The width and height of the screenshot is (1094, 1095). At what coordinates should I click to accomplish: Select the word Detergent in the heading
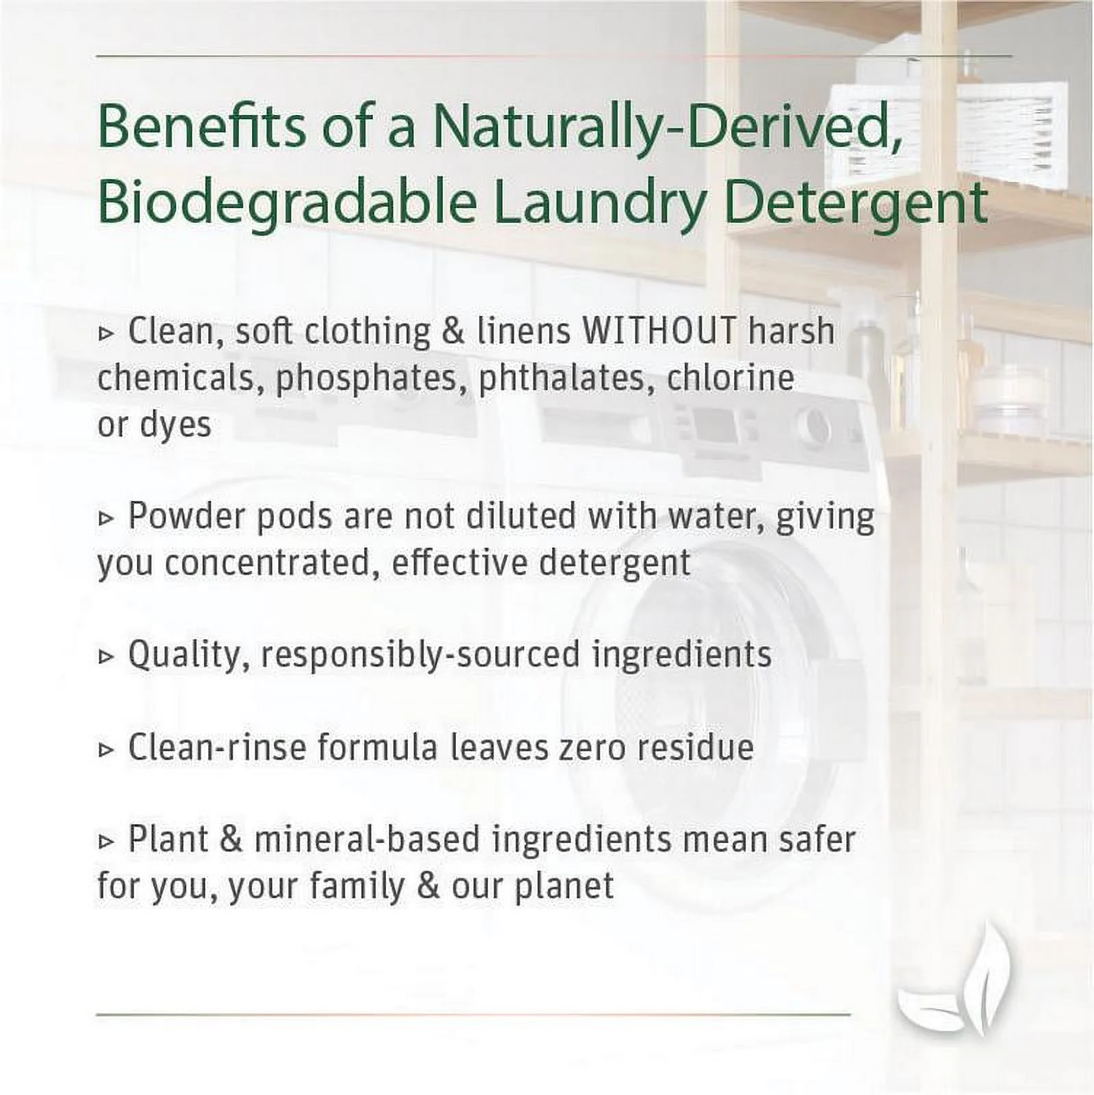(x=855, y=203)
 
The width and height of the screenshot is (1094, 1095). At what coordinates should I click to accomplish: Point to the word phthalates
(x=562, y=378)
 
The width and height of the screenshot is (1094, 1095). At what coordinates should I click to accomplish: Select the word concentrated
(x=272, y=563)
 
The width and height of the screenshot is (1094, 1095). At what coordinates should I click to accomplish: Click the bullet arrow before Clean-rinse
(x=106, y=749)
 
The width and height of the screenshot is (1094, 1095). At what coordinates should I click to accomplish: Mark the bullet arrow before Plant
(x=106, y=842)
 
